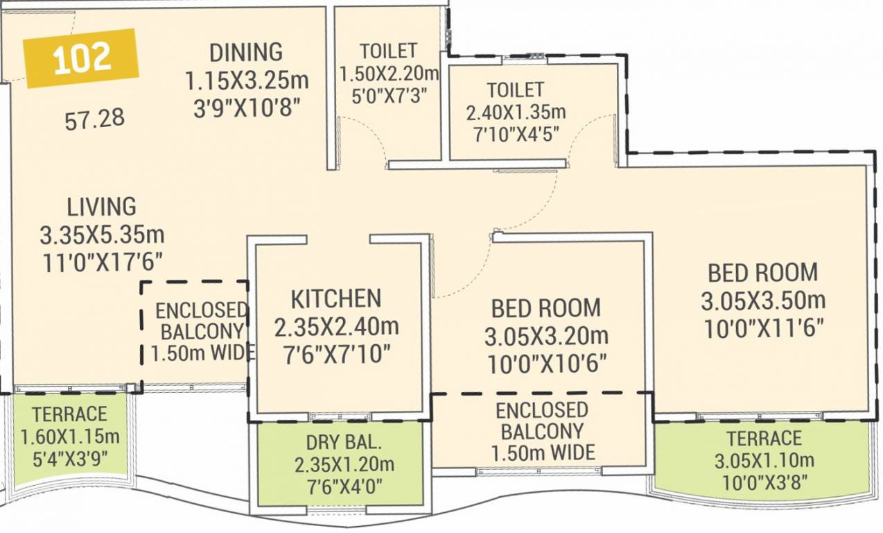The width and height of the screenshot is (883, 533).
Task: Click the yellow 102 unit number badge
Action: (x=81, y=58)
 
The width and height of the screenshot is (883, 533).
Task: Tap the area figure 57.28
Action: (x=95, y=119)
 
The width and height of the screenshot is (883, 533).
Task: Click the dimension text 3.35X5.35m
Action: (x=102, y=235)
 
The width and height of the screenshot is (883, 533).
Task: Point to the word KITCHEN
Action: (x=335, y=298)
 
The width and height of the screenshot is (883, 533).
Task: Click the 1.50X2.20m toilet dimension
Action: (x=390, y=73)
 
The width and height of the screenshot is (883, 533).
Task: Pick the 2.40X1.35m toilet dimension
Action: (x=516, y=112)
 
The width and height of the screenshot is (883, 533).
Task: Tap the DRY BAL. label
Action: (x=336, y=442)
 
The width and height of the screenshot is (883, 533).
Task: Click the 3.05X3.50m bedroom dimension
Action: (x=763, y=301)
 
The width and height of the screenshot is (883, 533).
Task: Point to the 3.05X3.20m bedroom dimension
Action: (x=546, y=337)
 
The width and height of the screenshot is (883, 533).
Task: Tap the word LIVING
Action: (x=101, y=207)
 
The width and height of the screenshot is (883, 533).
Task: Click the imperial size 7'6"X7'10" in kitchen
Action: (x=336, y=354)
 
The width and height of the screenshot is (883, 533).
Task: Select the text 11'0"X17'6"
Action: (x=102, y=262)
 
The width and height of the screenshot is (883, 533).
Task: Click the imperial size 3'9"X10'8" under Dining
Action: (x=246, y=108)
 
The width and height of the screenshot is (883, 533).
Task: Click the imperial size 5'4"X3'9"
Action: (x=69, y=459)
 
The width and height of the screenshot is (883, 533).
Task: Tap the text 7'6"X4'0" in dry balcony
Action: (x=336, y=485)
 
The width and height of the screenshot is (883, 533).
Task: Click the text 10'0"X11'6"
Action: (x=763, y=328)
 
